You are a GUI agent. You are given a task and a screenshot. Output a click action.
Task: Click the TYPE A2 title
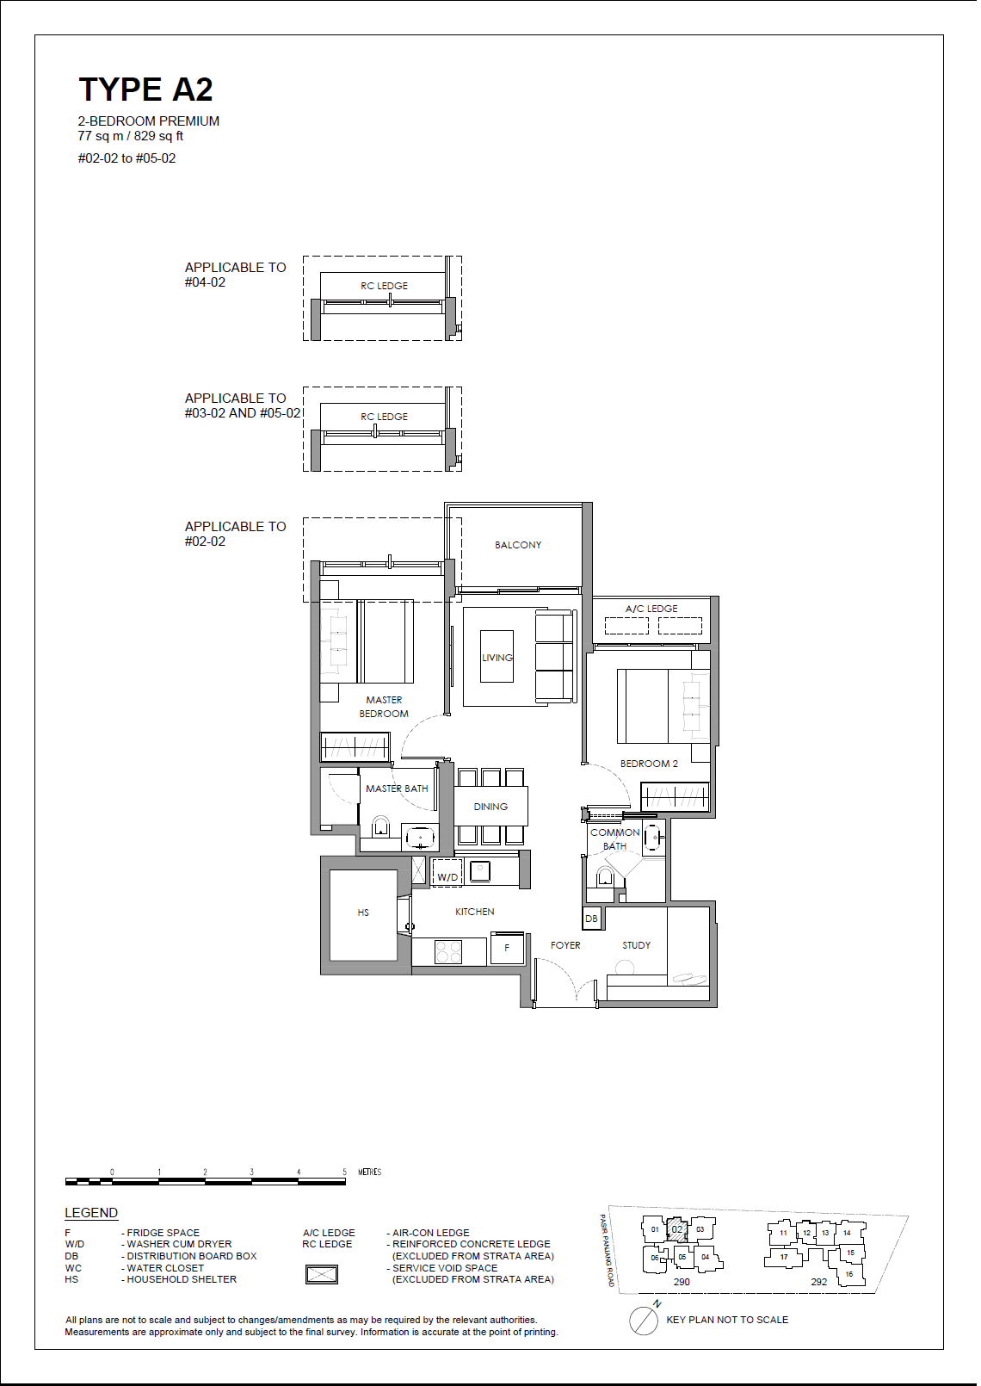point(145,90)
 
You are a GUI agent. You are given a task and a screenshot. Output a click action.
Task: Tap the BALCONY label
point(518,545)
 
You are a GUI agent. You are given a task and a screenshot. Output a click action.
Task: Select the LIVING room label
point(497,658)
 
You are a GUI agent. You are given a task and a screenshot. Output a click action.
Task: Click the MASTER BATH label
point(397,789)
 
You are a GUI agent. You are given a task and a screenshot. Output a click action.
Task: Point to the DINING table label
point(490,807)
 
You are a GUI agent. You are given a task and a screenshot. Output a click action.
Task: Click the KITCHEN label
point(475,912)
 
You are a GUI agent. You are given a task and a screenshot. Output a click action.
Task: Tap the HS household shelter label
point(363,913)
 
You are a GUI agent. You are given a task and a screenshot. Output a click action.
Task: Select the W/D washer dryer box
point(447,874)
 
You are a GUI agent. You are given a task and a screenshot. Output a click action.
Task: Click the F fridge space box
point(507,949)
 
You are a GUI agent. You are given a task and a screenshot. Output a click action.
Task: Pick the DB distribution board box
point(591,919)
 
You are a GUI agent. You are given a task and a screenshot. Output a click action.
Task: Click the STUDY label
point(637,945)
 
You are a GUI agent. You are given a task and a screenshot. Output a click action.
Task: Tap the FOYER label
point(565,945)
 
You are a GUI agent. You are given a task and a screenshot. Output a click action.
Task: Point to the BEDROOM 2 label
point(649,764)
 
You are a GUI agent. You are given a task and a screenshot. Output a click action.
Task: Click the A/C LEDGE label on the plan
point(651,609)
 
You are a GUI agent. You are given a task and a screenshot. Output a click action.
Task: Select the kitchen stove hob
point(448,951)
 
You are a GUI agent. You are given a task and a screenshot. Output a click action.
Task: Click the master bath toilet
point(380,829)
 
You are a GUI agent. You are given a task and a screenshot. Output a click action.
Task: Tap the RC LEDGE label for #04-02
point(384,286)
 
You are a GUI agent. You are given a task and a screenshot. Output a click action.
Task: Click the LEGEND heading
point(91,1213)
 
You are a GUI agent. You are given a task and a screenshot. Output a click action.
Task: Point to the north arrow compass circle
point(644,1321)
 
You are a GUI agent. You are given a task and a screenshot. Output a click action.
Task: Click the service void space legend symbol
point(322,1274)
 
